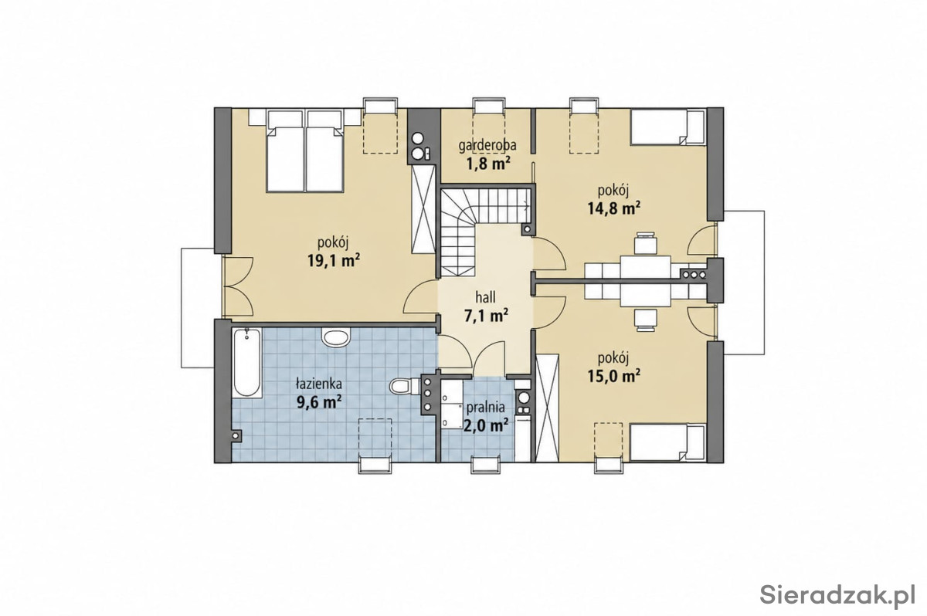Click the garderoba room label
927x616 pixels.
click(487, 146)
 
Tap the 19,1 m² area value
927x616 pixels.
click(333, 260)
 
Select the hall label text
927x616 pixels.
click(485, 297)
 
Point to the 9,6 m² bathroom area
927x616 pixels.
click(318, 401)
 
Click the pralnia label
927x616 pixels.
click(485, 408)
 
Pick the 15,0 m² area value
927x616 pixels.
click(614, 376)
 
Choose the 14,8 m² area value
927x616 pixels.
click(614, 208)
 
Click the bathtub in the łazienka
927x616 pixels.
click(247, 363)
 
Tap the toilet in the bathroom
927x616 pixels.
click(400, 387)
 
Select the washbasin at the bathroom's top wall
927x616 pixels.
click(336, 337)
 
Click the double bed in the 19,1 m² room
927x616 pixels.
click(305, 151)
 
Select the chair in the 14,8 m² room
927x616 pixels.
click(646, 243)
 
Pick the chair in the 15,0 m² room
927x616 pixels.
click(646, 320)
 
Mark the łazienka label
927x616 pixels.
click(318, 384)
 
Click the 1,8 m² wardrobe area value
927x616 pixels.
click(487, 164)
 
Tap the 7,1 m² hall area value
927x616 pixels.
click(486, 316)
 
